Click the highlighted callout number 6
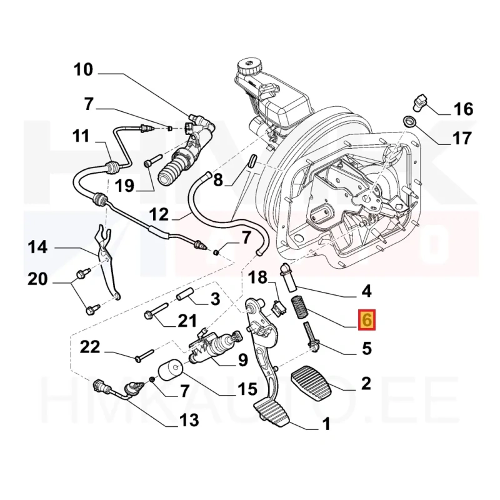[x=367, y=319]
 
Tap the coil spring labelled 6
[x=300, y=307]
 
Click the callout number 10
[x=83, y=69]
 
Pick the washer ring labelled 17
[x=409, y=121]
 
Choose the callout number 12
[x=159, y=214]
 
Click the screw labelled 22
[x=144, y=355]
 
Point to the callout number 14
[x=38, y=247]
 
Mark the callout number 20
[x=37, y=279]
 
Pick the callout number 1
[x=326, y=424]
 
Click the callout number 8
[x=218, y=180]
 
